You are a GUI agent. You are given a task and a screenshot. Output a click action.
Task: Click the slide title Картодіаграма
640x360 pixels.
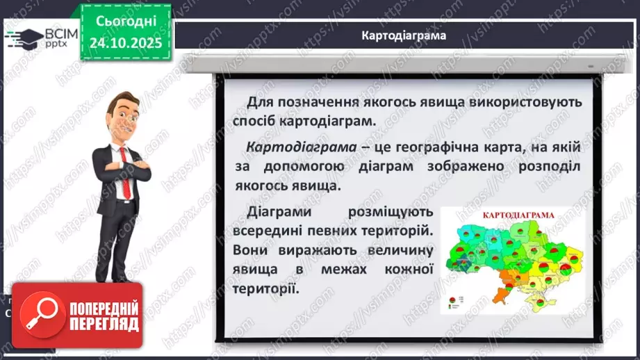[404, 35]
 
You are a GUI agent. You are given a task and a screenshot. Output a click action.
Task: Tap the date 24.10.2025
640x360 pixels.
[125, 42]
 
